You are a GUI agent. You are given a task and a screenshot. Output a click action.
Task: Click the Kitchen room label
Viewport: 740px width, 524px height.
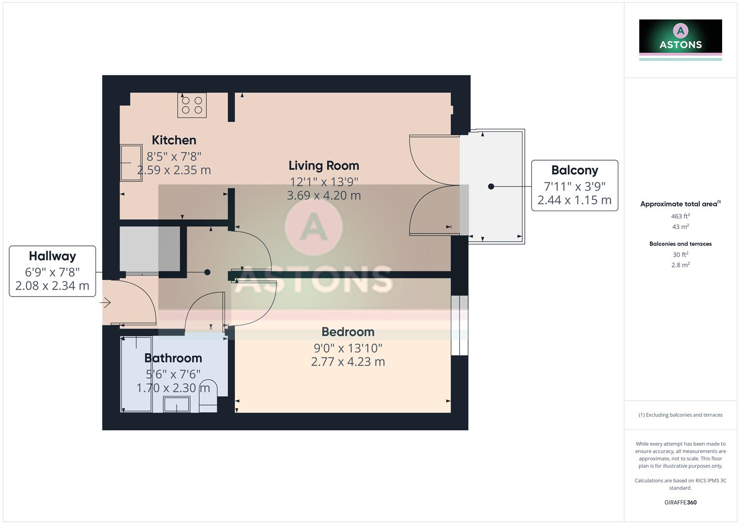pos(174,140)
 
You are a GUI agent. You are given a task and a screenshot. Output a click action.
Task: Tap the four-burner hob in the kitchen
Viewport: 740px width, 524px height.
pos(192,105)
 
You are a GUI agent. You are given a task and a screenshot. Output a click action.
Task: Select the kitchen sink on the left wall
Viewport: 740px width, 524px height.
pos(131,163)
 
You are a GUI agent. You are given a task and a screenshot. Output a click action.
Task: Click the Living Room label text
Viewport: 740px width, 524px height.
pos(324,165)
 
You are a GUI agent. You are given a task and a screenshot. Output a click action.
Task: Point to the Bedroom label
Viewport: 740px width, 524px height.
pos(348,332)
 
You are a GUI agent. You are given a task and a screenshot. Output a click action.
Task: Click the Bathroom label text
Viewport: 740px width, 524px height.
pos(173,358)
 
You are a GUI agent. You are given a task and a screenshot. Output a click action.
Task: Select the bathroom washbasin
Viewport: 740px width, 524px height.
pos(176,404)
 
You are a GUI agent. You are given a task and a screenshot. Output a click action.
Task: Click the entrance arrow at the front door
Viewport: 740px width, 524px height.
pos(106,303)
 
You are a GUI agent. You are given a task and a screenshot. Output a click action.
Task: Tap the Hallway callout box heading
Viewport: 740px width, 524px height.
pos(52,256)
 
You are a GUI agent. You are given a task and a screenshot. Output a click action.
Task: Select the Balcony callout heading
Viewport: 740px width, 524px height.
pos(575,170)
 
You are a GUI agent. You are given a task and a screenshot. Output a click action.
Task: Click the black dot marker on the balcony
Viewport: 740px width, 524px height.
pos(491,186)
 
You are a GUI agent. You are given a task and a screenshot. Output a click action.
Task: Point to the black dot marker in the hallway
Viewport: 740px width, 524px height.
pos(207,272)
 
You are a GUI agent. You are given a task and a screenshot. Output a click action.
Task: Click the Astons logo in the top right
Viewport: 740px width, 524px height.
pos(680,37)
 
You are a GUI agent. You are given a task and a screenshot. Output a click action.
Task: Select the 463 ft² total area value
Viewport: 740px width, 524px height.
pos(680,216)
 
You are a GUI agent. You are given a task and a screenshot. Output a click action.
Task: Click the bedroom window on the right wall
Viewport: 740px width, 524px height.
pos(459,326)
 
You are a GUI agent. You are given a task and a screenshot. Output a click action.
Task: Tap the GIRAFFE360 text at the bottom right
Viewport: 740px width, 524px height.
pos(680,503)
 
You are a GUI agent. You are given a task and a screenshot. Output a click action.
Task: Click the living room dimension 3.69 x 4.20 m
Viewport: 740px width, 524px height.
pos(324,196)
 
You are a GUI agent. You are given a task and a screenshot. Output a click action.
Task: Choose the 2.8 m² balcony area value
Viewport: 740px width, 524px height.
pos(680,265)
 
